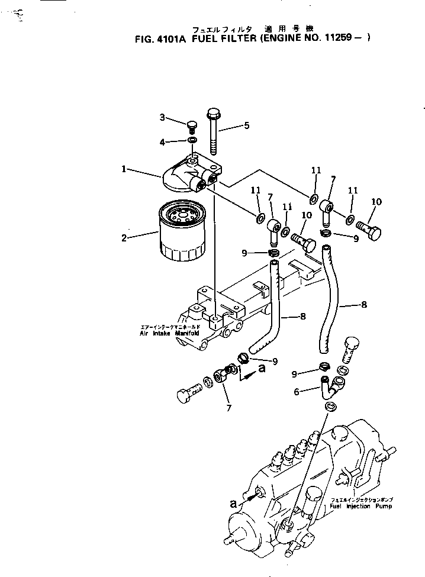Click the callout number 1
pyautogui.click(x=124, y=169)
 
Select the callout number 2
pyautogui.click(x=124, y=238)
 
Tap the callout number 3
pyautogui.click(x=162, y=117)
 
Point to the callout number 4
pyautogui.click(x=162, y=142)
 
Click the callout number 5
pyautogui.click(x=246, y=125)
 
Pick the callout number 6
pyautogui.click(x=297, y=391)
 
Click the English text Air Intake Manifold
pyautogui.click(x=171, y=333)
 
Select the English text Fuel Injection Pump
pyautogui.click(x=360, y=507)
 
